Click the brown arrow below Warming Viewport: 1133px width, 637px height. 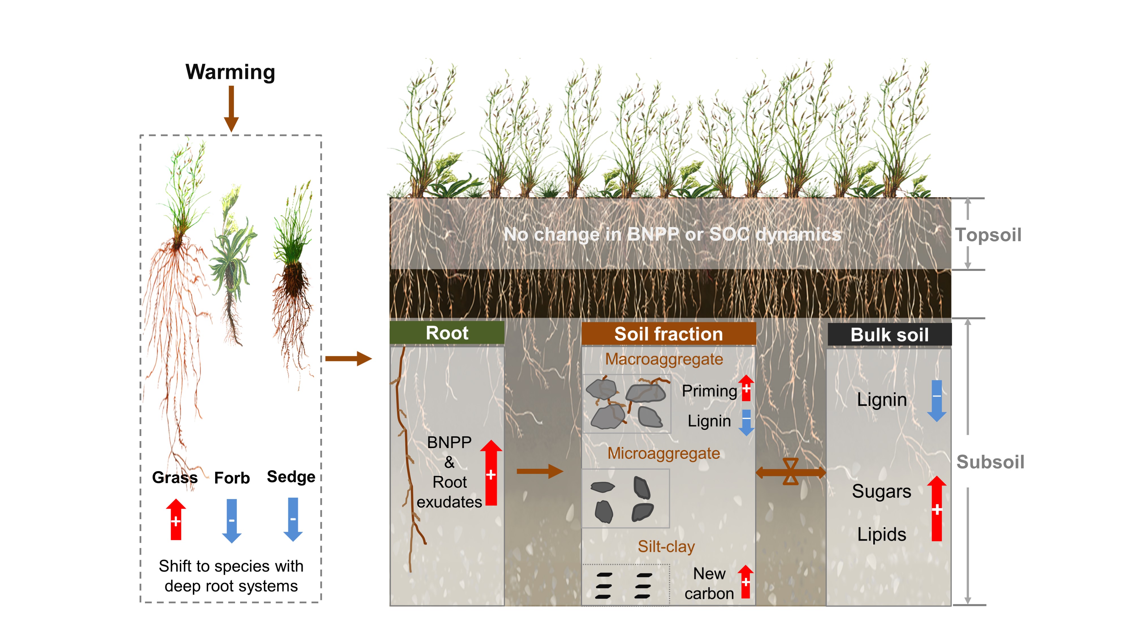tap(231, 108)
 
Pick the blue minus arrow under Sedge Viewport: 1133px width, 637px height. tap(293, 519)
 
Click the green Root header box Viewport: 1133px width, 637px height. tap(447, 333)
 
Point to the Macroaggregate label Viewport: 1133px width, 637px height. tap(664, 359)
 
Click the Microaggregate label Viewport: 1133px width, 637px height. tap(664, 453)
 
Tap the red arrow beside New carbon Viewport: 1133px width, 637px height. tap(746, 581)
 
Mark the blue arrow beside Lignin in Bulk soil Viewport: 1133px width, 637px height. tap(937, 400)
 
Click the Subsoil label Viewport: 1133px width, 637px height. tap(990, 462)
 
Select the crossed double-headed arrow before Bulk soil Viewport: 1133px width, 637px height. tap(790, 472)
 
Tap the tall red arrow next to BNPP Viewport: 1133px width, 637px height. tap(491, 472)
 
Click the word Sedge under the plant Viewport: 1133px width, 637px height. tap(291, 476)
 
